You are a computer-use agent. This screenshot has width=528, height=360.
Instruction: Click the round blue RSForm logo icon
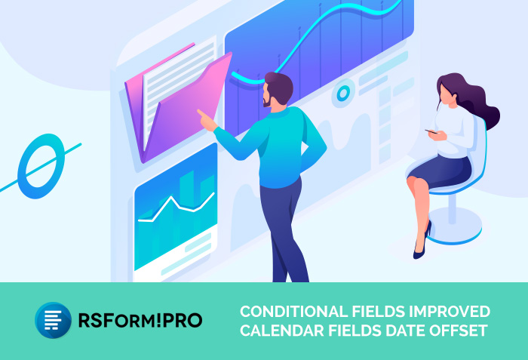coord(54,320)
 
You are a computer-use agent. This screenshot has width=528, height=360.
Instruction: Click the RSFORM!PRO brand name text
coord(140,320)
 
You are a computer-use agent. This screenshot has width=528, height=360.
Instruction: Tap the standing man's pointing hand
coord(207,120)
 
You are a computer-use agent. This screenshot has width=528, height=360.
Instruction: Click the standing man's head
coord(278,90)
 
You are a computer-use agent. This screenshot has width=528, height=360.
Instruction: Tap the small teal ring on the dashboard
coord(343,93)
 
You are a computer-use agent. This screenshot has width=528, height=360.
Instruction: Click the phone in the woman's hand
coord(431,131)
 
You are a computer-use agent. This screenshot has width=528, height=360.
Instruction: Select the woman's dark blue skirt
coord(440,171)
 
